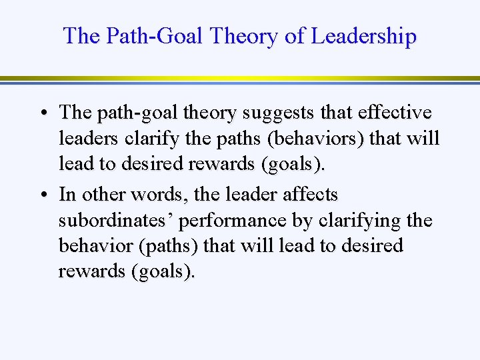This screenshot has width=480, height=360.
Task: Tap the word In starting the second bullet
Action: [67, 195]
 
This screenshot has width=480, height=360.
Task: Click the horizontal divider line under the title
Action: [240, 79]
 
